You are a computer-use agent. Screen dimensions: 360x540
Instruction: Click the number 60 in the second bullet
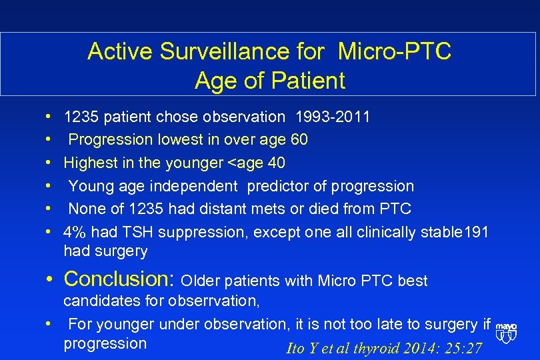point(299,140)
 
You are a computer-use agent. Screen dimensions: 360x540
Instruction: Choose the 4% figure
point(75,232)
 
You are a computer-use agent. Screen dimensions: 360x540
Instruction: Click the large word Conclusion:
point(119,278)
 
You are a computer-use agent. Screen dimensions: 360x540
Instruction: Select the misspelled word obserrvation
point(214,301)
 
